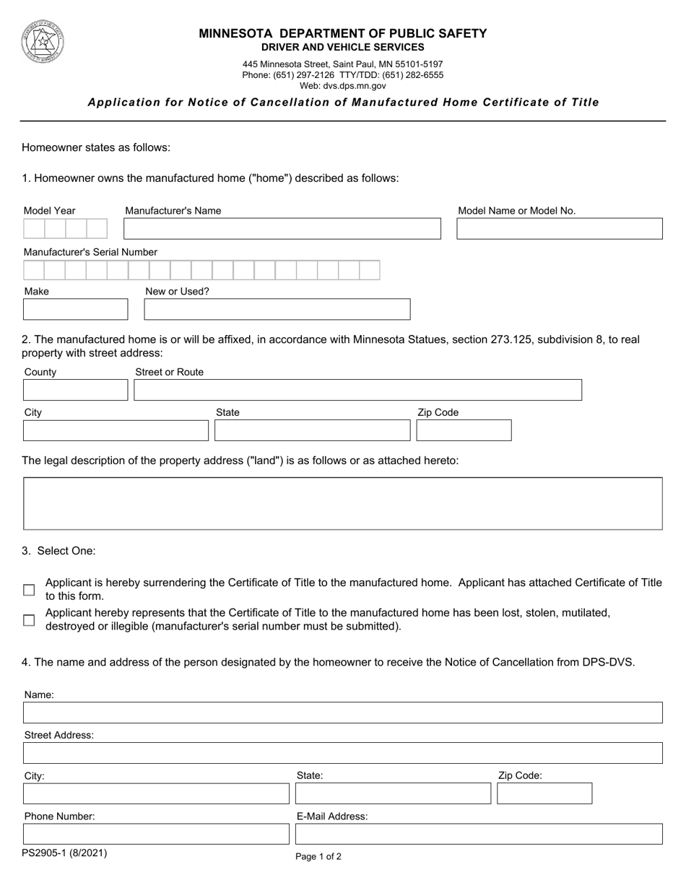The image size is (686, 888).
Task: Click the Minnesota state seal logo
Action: tap(42, 42)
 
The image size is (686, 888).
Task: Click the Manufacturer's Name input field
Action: tap(282, 229)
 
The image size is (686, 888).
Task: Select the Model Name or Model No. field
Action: tap(560, 229)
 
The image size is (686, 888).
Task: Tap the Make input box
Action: tap(75, 309)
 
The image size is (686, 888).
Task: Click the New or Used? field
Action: tap(277, 309)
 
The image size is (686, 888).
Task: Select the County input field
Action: tap(75, 390)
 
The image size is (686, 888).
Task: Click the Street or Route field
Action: tap(357, 390)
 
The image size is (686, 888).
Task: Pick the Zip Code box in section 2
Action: tap(464, 430)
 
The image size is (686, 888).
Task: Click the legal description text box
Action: tap(343, 503)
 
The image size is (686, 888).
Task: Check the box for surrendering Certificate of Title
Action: tap(29, 590)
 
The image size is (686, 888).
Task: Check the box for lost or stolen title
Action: tap(29, 620)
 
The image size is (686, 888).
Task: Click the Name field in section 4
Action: tap(343, 713)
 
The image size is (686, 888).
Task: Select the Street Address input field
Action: tap(343, 753)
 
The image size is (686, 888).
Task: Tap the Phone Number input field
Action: tap(156, 834)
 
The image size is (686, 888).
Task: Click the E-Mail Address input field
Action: tap(479, 834)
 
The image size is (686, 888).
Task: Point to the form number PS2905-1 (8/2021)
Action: tap(64, 853)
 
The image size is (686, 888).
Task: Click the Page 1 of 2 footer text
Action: tap(318, 857)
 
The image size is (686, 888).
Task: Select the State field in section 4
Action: tap(393, 793)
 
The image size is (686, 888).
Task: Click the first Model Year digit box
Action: tap(34, 229)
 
